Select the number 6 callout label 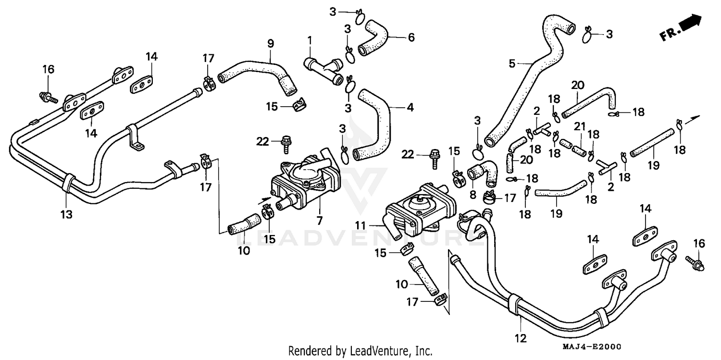pos(411,37)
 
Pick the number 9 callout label pos(271,44)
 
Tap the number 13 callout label pos(66,214)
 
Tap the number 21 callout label pos(580,126)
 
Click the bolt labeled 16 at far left pos(48,97)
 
